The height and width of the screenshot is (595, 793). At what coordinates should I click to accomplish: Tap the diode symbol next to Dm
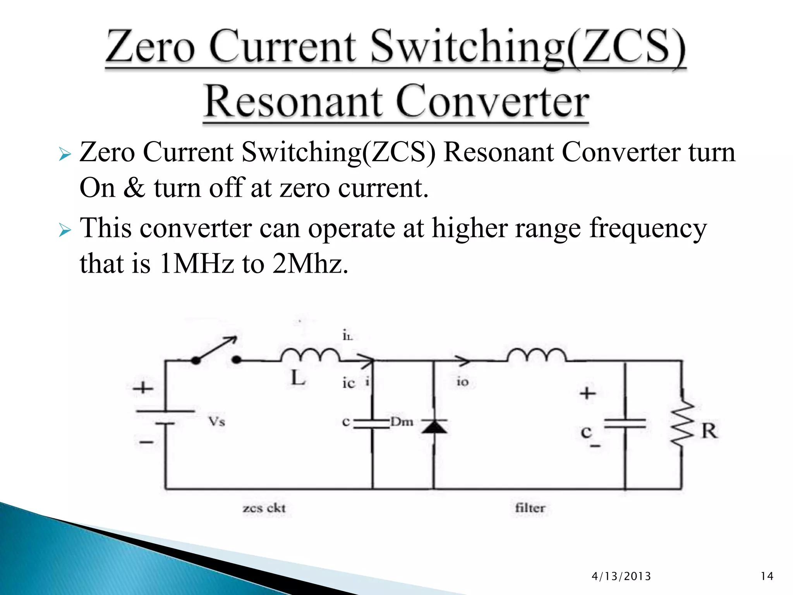tap(434, 426)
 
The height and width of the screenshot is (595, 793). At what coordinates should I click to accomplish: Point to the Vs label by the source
tap(216, 421)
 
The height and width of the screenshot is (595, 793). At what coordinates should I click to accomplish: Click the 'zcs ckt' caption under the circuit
tap(264, 508)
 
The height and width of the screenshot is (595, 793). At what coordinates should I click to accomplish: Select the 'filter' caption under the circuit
tap(530, 508)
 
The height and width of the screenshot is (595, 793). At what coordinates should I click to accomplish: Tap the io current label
tap(462, 382)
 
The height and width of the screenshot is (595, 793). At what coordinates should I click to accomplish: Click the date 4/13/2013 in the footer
tap(621, 576)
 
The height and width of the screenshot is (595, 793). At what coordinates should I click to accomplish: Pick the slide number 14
tap(767, 576)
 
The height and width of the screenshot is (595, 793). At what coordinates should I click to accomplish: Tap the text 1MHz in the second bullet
tap(196, 264)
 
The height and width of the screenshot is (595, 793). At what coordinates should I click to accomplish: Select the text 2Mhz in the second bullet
tap(310, 264)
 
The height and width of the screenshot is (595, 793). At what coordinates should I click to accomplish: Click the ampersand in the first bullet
tap(134, 188)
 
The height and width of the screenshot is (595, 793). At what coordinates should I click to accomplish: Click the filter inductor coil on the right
tap(536, 354)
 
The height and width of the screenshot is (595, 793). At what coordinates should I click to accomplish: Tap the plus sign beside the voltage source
tap(143, 388)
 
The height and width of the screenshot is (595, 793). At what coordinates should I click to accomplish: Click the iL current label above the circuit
tap(347, 335)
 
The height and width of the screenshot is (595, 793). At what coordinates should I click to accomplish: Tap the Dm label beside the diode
tap(402, 421)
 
